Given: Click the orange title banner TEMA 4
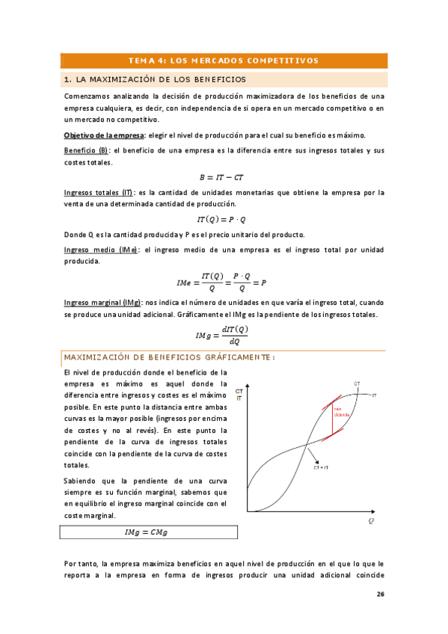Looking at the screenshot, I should [x=224, y=61].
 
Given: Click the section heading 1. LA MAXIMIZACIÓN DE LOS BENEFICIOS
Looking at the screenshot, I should [x=155, y=79].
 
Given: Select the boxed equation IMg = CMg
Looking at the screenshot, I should [x=147, y=532].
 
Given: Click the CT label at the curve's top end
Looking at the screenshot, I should [x=357, y=384].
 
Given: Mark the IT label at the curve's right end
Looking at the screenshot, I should [x=374, y=395].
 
